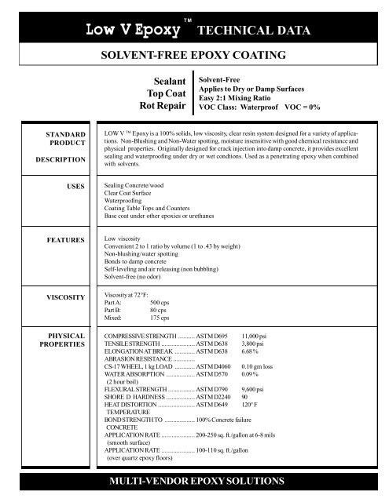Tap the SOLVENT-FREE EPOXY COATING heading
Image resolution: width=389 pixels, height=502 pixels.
194,57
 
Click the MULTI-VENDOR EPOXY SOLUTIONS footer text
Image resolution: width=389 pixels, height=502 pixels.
195,489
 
